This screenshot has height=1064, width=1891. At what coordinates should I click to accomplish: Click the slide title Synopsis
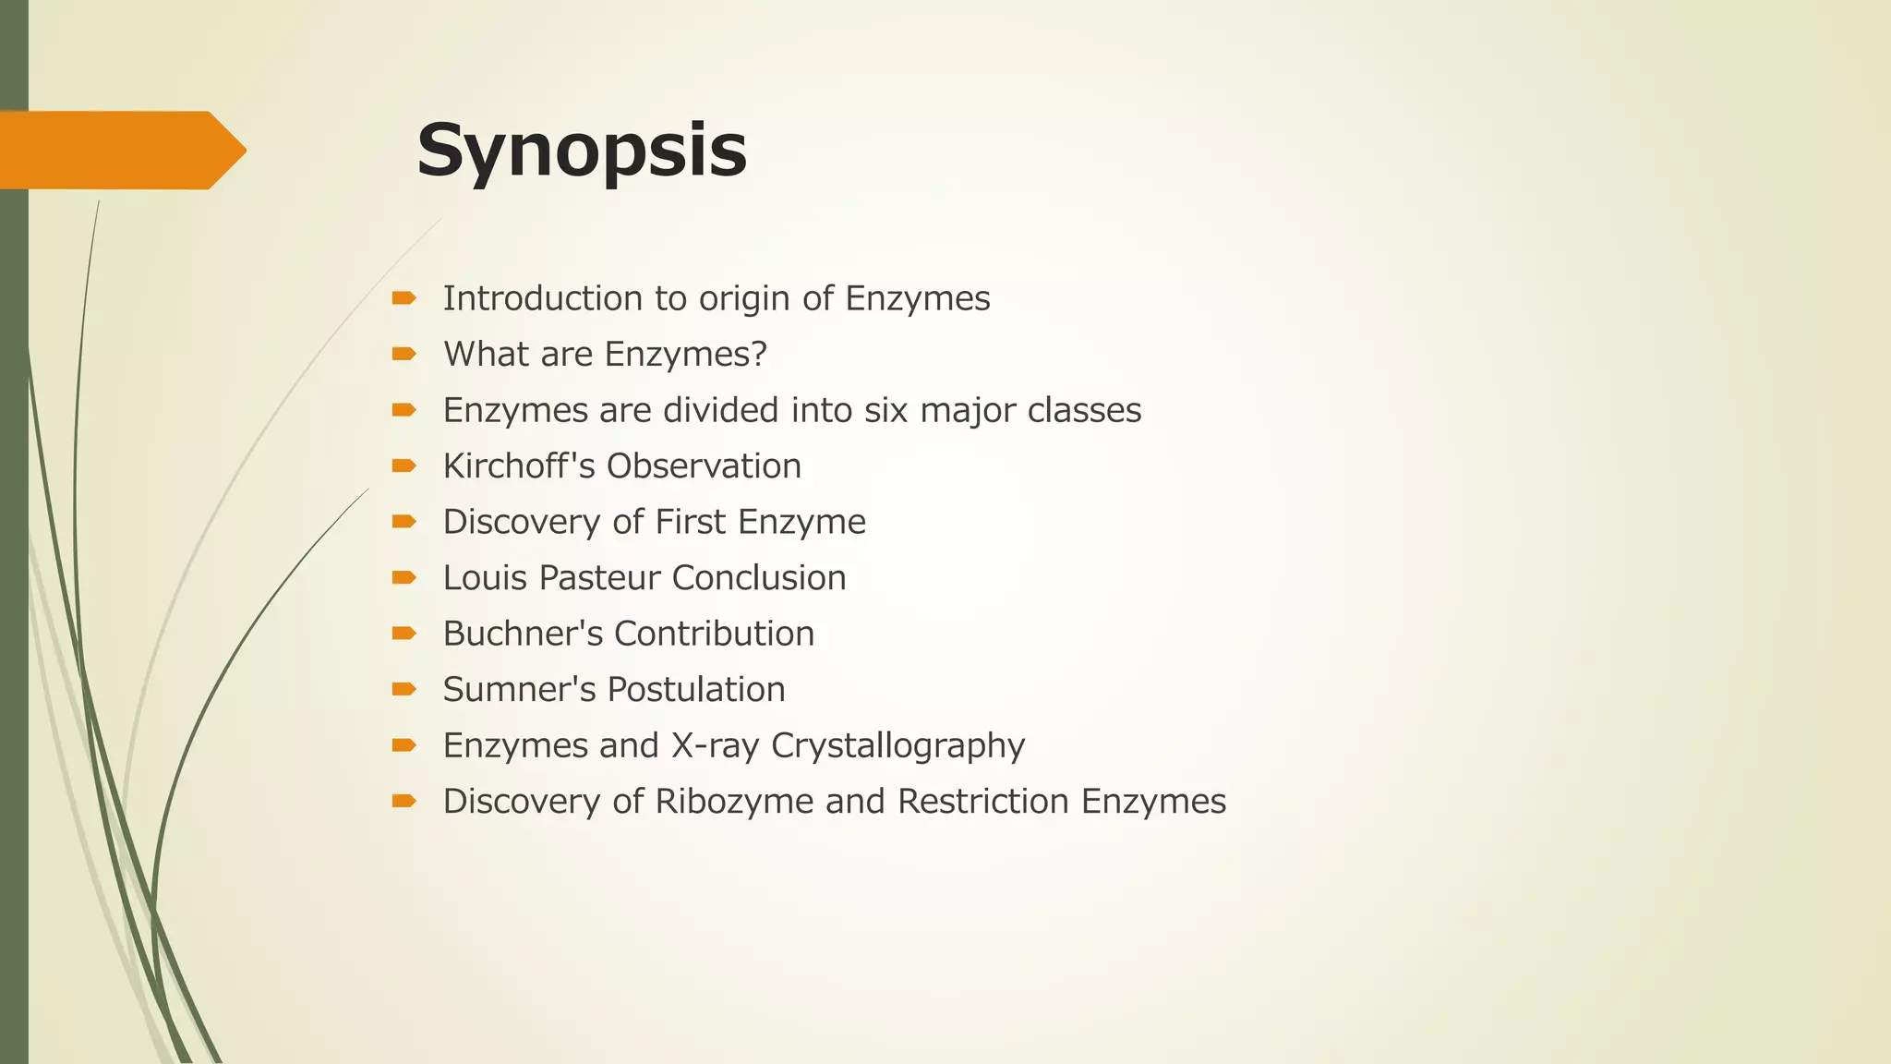click(581, 151)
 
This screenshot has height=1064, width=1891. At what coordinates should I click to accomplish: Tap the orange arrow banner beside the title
click(120, 151)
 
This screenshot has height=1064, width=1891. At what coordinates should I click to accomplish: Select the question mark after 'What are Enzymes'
click(759, 354)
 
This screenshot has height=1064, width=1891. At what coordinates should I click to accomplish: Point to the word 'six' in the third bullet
click(885, 410)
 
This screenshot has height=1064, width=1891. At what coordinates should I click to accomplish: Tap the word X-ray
click(715, 745)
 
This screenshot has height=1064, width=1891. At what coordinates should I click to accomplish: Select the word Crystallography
click(897, 746)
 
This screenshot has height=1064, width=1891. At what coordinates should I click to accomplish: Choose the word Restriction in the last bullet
click(982, 802)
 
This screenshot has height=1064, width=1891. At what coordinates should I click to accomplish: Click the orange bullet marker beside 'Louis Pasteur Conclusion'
click(403, 578)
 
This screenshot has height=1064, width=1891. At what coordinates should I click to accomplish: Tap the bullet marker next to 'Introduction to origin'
click(403, 298)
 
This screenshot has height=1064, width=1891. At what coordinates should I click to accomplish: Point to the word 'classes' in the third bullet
click(1084, 410)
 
